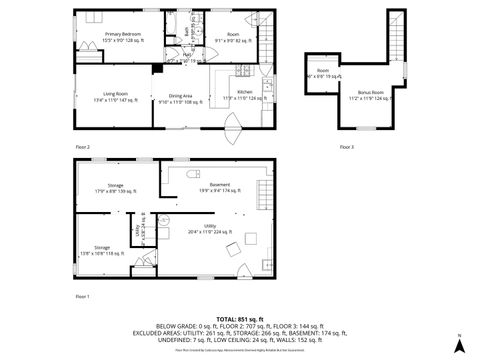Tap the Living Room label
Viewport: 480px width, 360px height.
[x=112, y=97]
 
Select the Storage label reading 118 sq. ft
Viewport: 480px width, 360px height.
[x=103, y=249]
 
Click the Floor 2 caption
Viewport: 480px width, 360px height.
[x=83, y=147]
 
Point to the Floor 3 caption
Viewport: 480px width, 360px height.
[x=346, y=147]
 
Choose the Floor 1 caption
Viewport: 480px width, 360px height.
[x=83, y=297]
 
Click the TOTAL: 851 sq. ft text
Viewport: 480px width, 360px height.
[x=239, y=319]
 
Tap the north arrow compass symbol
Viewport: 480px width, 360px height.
[x=459, y=343]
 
